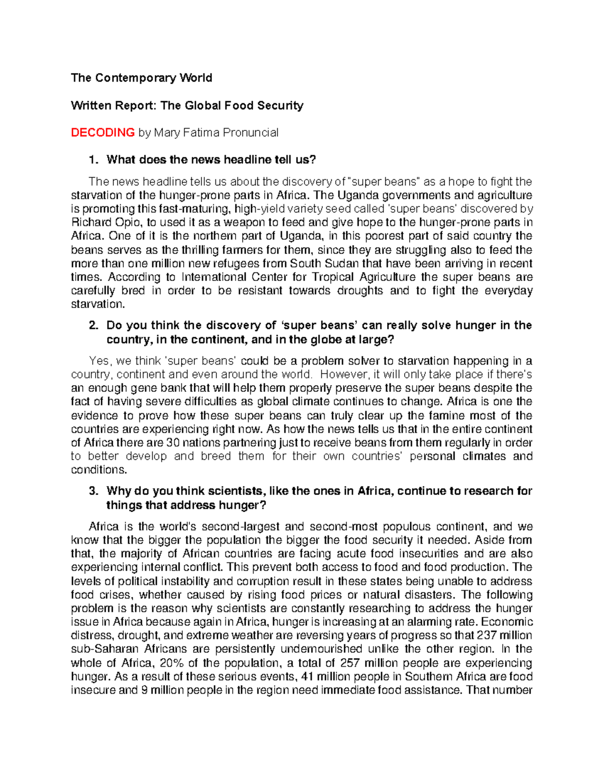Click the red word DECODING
click(103, 132)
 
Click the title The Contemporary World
click(141, 78)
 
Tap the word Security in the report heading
click(280, 105)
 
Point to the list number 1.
click(92, 160)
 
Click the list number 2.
click(92, 325)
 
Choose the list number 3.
click(92, 491)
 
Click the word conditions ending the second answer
click(99, 470)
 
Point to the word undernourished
click(321, 649)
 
